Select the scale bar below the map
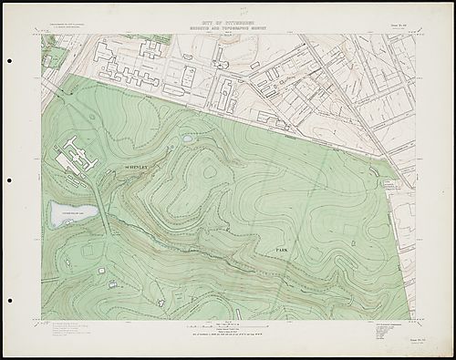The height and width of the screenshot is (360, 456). pos(228,325)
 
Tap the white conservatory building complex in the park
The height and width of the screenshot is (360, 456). pos(77,160)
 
